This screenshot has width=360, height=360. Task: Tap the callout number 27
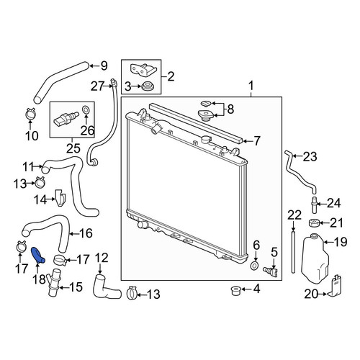pos(97,86)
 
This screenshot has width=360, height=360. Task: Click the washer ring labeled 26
pos(86,109)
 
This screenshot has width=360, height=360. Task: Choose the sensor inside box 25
pos(66,118)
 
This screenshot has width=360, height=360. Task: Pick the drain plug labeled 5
pos(271,271)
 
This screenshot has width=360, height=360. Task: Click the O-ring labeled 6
pos(255,266)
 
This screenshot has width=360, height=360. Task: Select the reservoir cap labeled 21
pos(314,223)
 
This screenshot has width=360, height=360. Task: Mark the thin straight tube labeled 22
pos(293,251)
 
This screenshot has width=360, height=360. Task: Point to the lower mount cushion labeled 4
pos(235,290)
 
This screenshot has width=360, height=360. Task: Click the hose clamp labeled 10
pos(30,114)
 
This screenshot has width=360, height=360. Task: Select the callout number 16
pos(86,233)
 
